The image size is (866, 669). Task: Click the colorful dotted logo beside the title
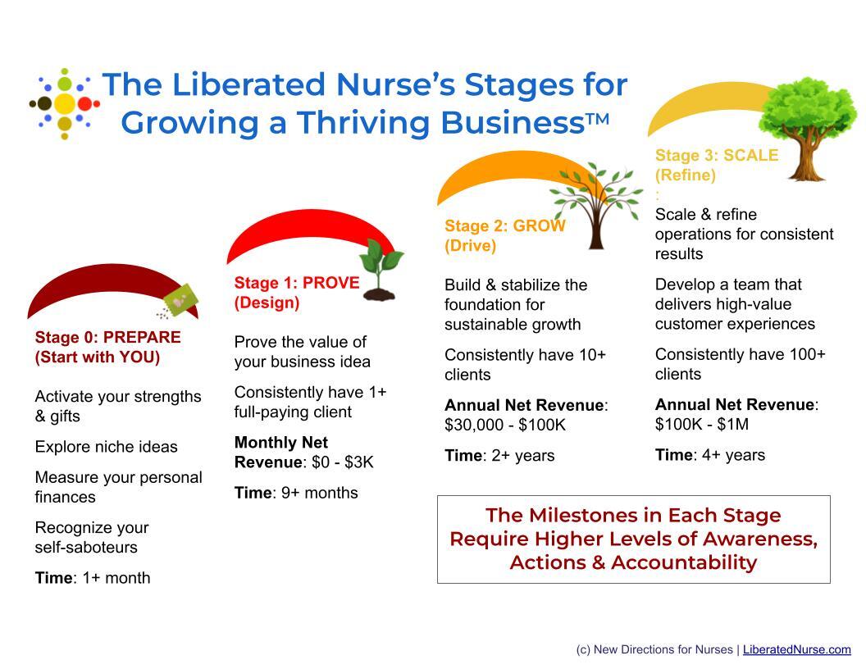pos(65,104)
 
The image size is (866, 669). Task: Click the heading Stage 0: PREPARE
pos(107,337)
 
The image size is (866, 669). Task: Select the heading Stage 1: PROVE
pos(296,283)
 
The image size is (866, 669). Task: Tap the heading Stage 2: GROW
pos(504,226)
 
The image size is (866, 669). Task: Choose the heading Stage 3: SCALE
pos(716,155)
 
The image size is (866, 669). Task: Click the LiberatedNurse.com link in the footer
pos(796,649)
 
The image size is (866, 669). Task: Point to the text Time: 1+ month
pos(93,578)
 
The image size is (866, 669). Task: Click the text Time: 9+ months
pos(296,493)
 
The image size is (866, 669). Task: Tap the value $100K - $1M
pos(701,425)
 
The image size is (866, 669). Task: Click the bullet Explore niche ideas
pos(106,447)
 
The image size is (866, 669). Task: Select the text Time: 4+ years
pos(709,455)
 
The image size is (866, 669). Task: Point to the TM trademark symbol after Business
pos(597,121)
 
